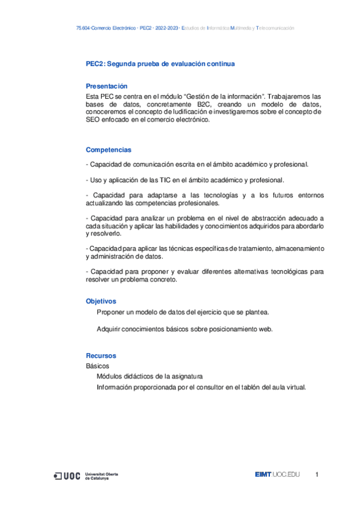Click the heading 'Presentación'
[106, 86]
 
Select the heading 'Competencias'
[108, 150]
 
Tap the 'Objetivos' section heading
[101, 301]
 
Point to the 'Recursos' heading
[100, 355]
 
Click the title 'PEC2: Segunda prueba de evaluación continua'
[160, 64]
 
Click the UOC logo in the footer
[67, 476]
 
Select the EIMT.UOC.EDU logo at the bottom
[276, 475]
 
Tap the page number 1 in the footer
[317, 475]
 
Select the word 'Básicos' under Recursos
[97, 366]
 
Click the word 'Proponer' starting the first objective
[111, 312]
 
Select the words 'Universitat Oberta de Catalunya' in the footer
[102, 476]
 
